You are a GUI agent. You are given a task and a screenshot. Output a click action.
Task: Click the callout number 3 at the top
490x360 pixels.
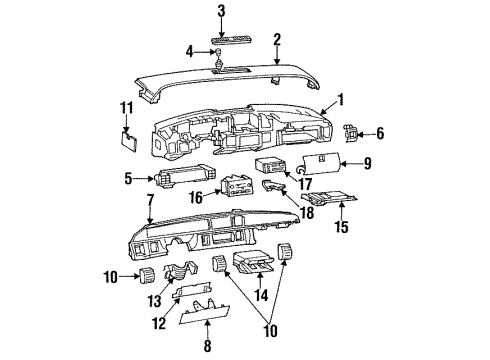tap(221, 10)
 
